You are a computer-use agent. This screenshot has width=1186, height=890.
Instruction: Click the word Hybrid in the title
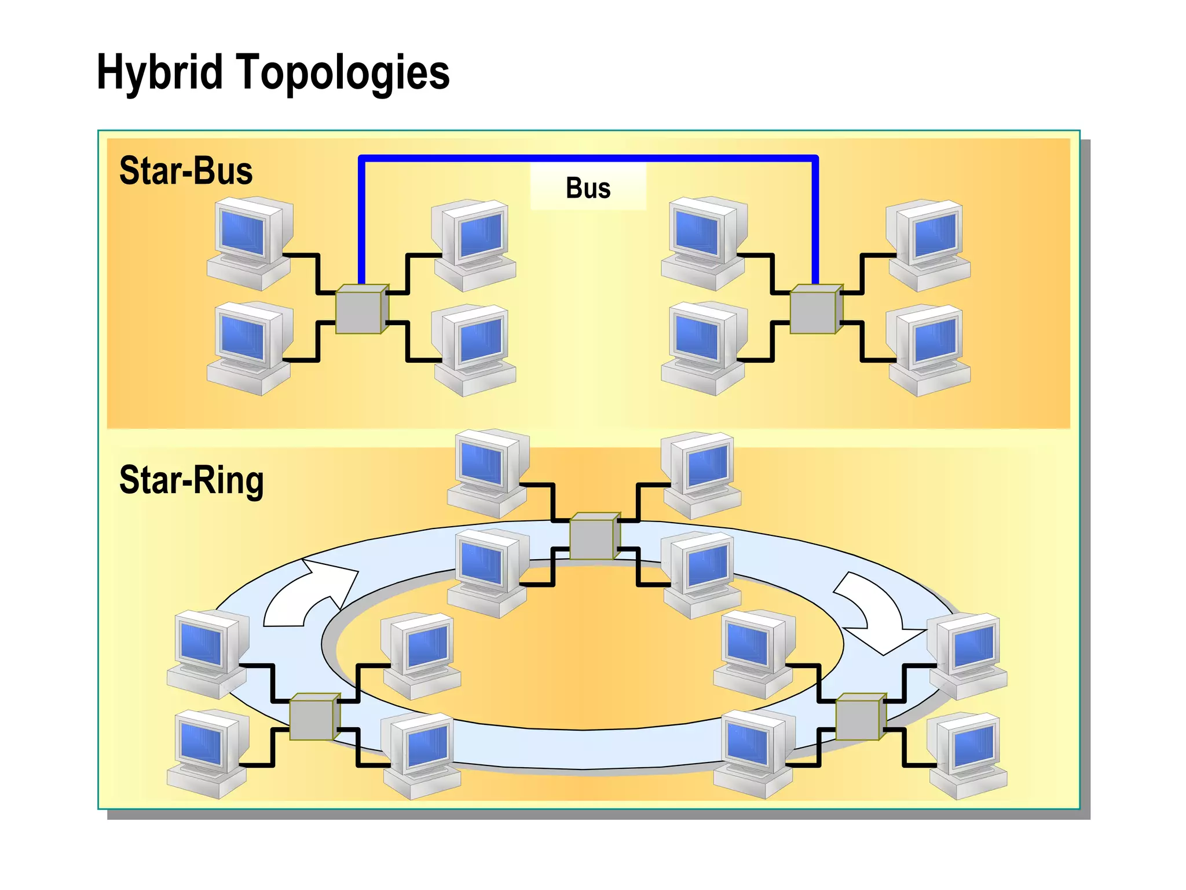159,72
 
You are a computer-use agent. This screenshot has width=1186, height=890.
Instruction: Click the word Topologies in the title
342,72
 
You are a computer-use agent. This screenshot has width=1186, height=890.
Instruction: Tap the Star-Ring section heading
191,480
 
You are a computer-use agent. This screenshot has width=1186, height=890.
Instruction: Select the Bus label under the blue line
588,188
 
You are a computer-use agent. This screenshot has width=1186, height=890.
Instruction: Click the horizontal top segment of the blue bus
588,157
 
